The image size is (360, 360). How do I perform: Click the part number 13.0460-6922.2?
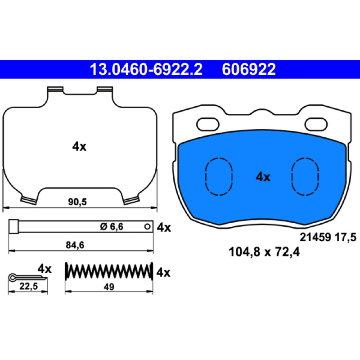pos(146,69)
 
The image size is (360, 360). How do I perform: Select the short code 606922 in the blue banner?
pos(249,69)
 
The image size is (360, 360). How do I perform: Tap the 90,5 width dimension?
pos(77,202)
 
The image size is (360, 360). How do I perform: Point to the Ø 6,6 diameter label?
pos(112,227)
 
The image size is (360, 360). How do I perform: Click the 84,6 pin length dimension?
pos(75,245)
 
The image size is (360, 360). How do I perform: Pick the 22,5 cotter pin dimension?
pos(28,286)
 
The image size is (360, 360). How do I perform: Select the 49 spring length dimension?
pos(109,287)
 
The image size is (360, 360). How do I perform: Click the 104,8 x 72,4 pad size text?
pos(264,252)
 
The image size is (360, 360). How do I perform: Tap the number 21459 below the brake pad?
pos(315,237)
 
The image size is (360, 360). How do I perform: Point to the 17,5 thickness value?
pos(346,237)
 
